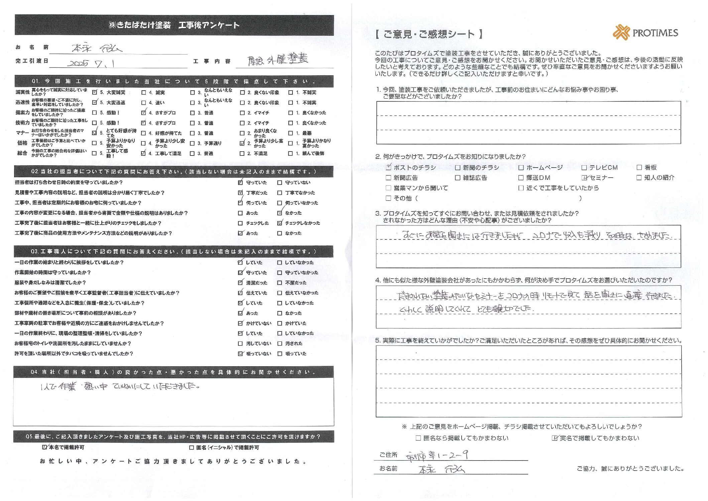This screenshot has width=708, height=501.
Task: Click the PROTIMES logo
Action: point(645,33)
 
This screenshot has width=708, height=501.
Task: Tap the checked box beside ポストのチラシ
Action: point(388,168)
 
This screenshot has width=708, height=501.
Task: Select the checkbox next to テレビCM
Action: point(584,168)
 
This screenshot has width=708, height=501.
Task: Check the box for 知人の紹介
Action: point(639,178)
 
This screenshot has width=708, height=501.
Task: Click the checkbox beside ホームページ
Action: point(521,168)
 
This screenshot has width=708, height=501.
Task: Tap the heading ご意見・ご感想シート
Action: point(429,34)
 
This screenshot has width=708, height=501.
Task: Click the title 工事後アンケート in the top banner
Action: point(209,25)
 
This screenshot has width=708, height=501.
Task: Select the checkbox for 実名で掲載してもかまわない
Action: point(555,438)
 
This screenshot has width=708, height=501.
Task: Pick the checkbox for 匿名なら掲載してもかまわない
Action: point(418,438)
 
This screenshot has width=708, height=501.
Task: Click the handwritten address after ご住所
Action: point(437,455)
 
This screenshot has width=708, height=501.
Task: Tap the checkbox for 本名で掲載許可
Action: point(44,447)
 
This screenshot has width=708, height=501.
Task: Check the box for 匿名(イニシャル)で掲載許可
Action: point(192,447)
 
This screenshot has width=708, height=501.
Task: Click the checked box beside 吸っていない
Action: point(240,354)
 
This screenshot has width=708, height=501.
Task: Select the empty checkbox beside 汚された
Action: point(279,343)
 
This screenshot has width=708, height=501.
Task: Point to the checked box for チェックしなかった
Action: point(279,223)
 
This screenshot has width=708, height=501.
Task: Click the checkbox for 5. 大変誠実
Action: point(95,92)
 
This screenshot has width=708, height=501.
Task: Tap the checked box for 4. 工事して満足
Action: point(143,154)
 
